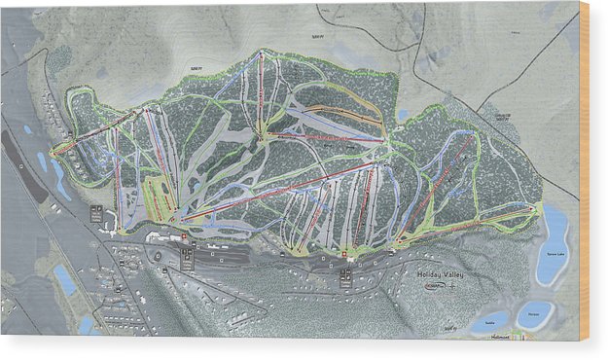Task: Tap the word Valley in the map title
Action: pyautogui.click(x=453, y=274)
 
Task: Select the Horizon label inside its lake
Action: pyautogui.click(x=534, y=313)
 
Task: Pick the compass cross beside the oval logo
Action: pyautogui.click(x=461, y=289)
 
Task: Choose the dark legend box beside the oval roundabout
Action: pyautogui.click(x=185, y=255)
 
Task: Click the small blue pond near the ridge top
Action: pyautogui.click(x=403, y=114)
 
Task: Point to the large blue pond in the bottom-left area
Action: pyautogui.click(x=65, y=281)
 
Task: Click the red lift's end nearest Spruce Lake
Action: pyautogui.click(x=533, y=208)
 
